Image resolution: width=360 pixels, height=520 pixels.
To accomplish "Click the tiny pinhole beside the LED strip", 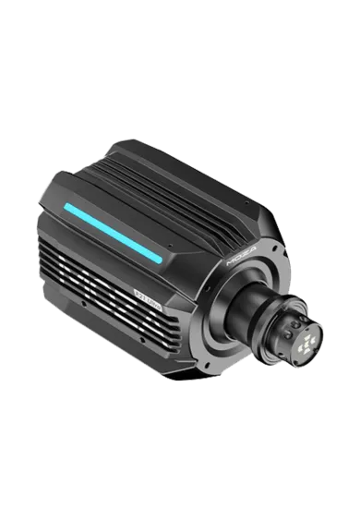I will pyautogui.click(x=169, y=247).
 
